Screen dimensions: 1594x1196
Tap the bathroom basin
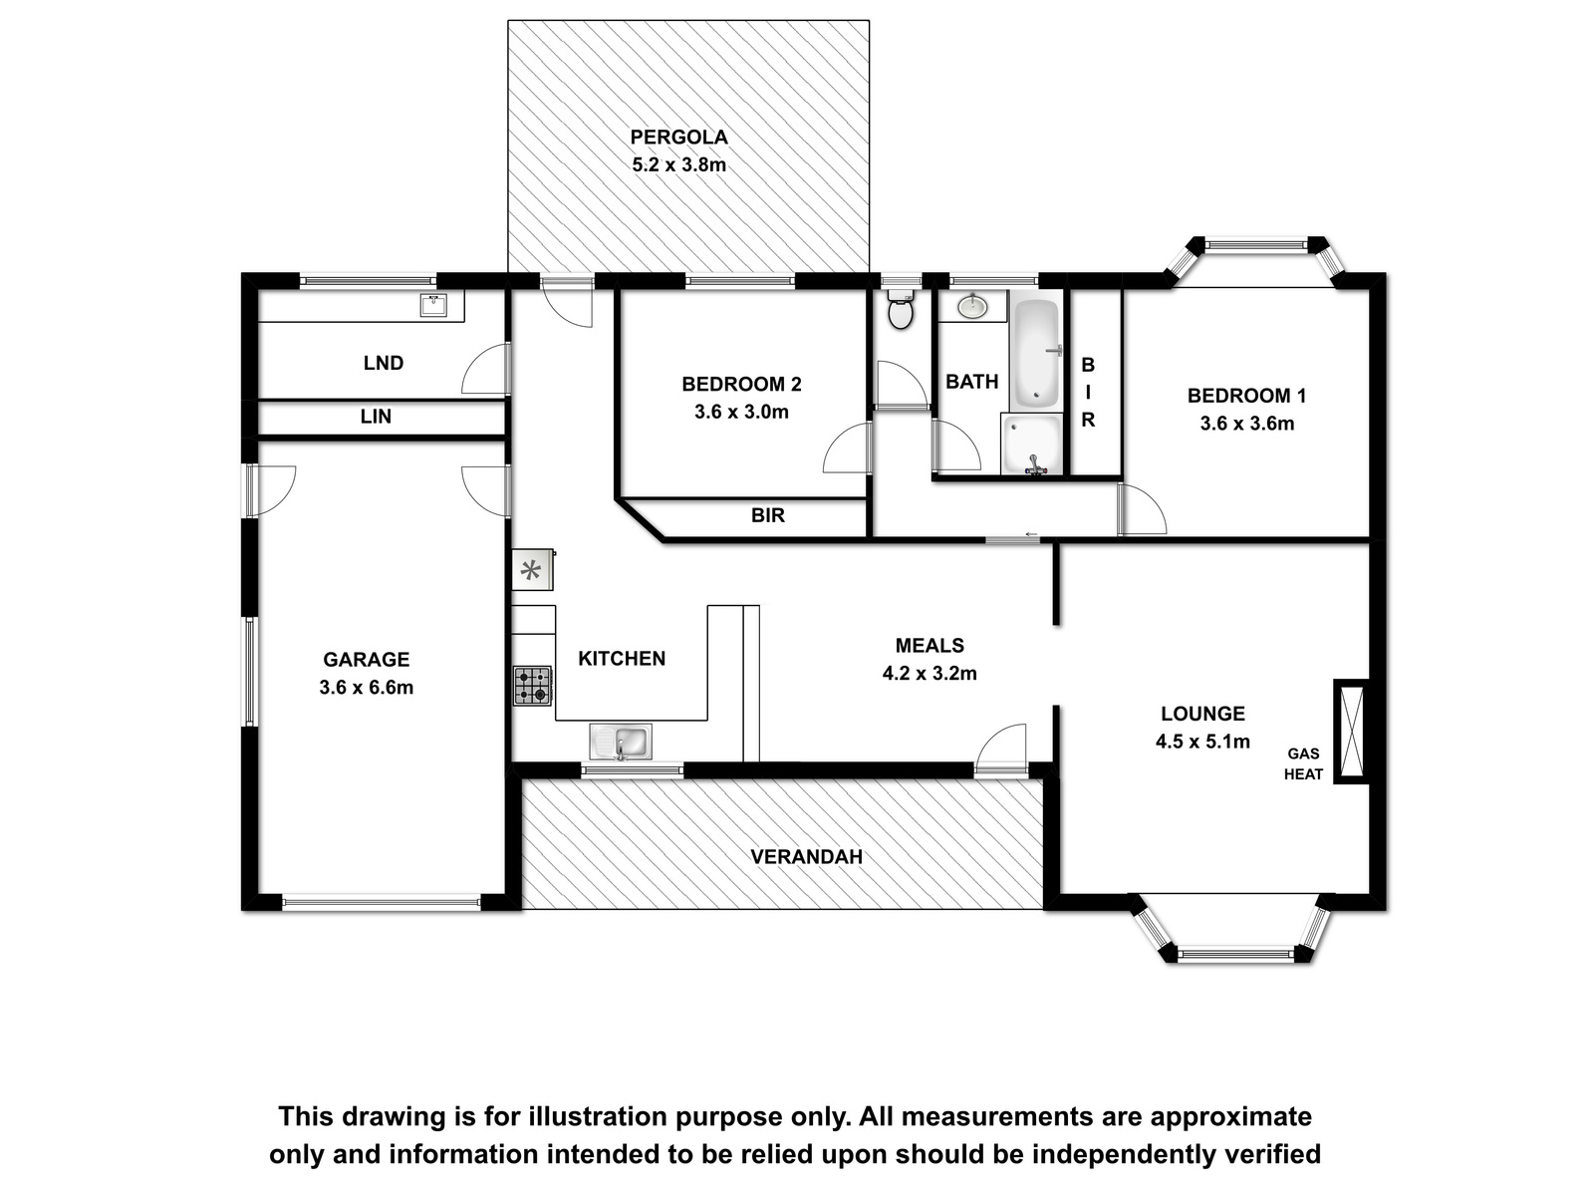coord(971,306)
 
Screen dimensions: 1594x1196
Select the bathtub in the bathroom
coord(1037,353)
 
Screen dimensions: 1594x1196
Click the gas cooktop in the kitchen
coord(533,686)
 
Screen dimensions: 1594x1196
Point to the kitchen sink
coord(621,742)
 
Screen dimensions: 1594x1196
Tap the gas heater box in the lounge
coord(1352,732)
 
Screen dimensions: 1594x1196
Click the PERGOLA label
coord(679,138)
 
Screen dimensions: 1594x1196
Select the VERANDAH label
coord(806,857)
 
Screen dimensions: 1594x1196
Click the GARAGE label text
coord(366,660)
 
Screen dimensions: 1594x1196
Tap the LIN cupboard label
coord(376,416)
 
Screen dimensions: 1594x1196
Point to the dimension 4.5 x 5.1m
coord(1202,742)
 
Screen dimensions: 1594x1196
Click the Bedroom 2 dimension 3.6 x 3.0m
coord(741,412)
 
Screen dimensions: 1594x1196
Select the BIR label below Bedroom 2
coord(767,515)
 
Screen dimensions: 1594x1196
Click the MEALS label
coord(930,645)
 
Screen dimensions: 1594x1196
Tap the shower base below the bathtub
coord(1032,445)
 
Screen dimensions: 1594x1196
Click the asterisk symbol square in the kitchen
coord(532,570)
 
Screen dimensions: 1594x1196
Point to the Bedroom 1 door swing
coord(1143,509)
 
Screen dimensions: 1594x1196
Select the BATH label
coord(971,382)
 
